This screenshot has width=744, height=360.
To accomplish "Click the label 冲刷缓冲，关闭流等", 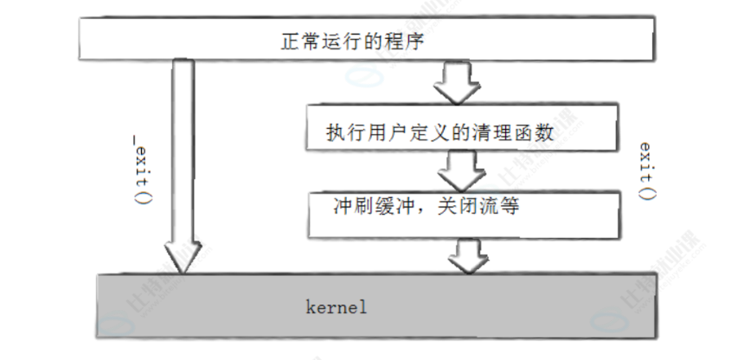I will click(x=427, y=208).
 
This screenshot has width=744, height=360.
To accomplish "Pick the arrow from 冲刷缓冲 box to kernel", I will click(x=468, y=254).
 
